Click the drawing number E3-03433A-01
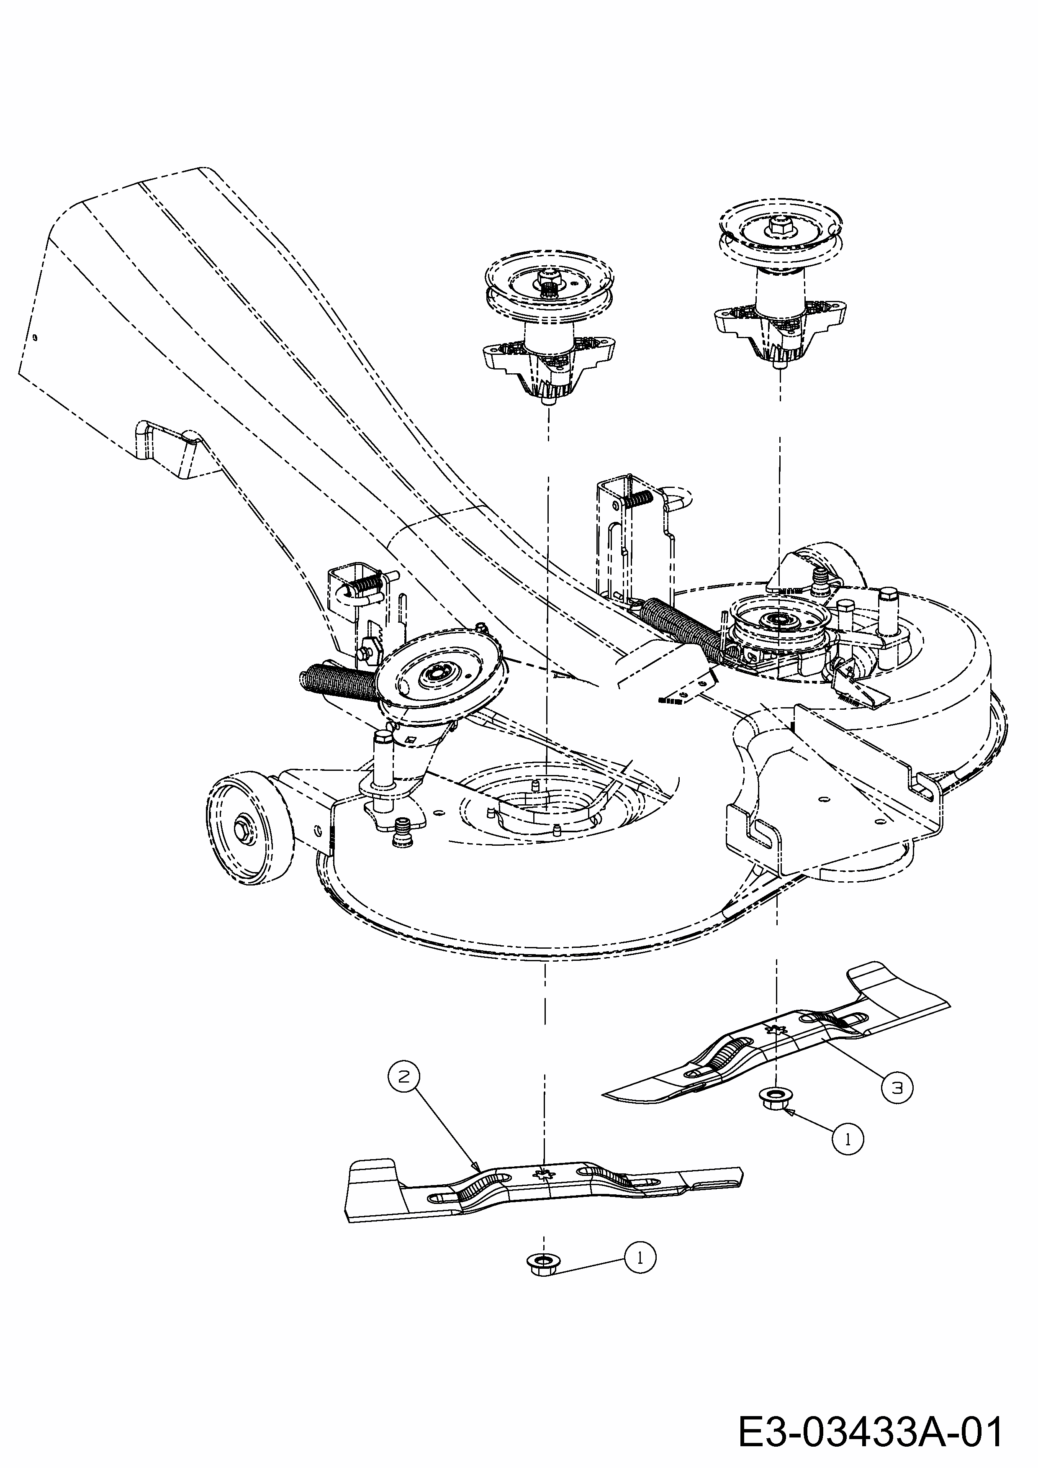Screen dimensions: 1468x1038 click(x=870, y=1431)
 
